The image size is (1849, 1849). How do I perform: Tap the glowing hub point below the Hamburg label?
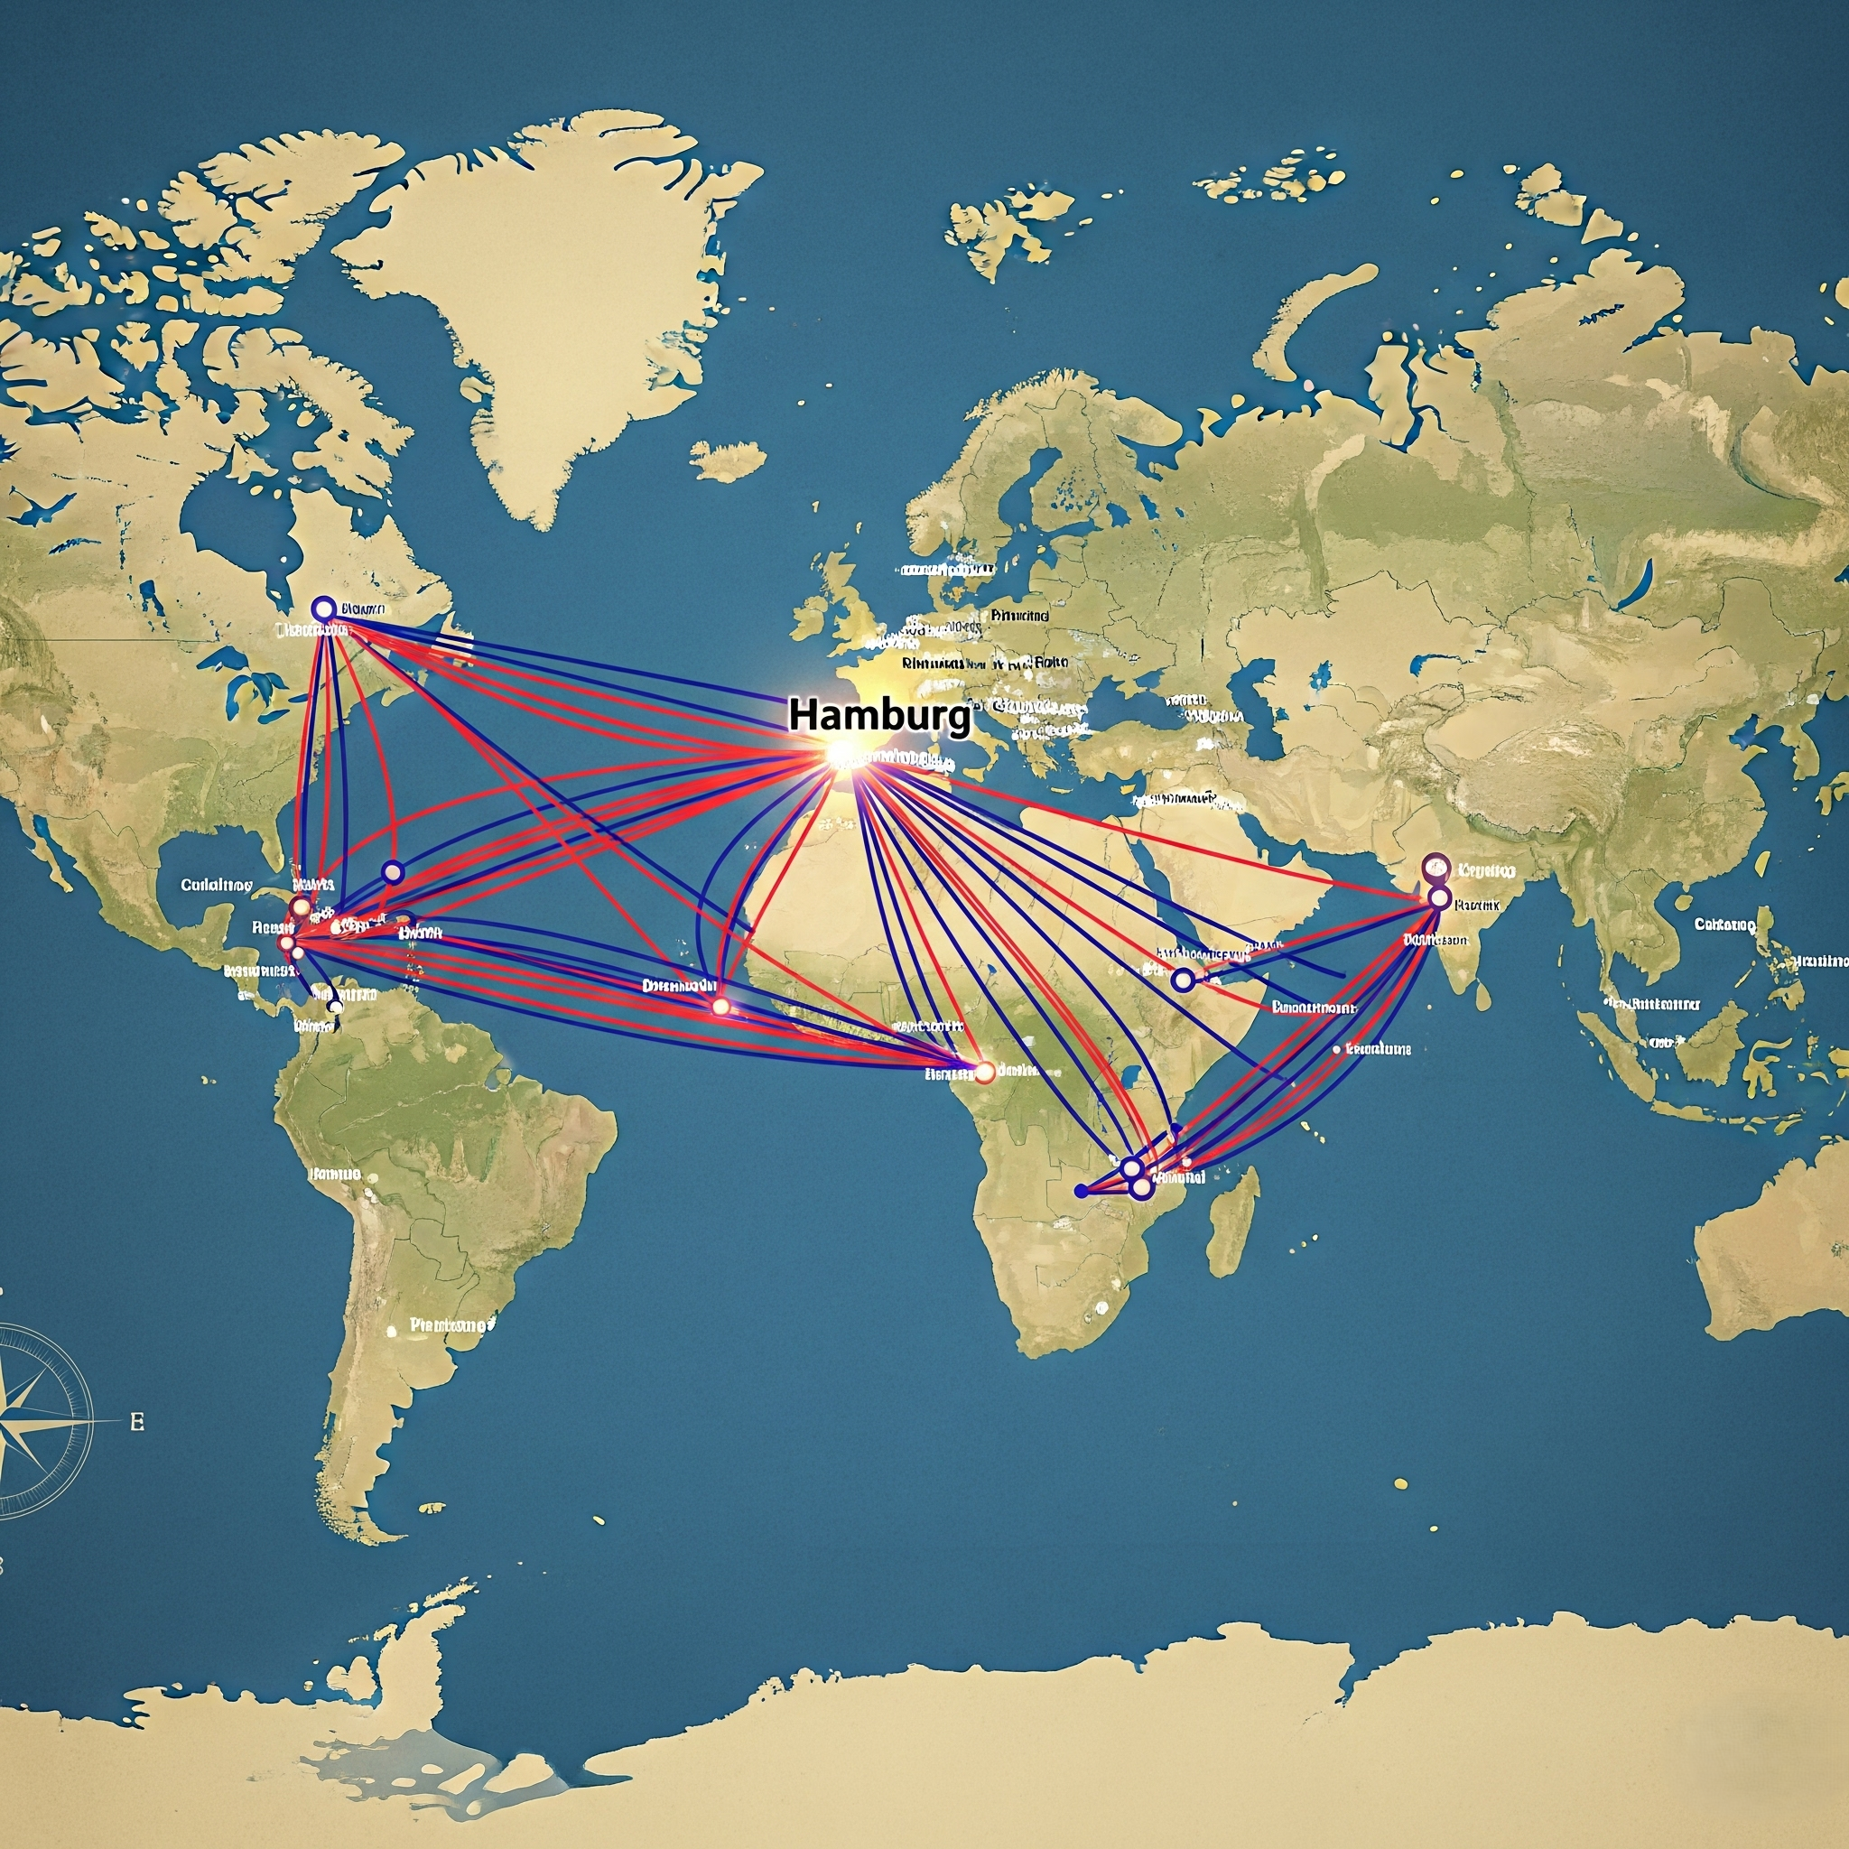point(842,754)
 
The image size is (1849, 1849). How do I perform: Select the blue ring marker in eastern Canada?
point(323,608)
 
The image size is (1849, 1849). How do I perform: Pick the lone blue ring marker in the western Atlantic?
point(393,871)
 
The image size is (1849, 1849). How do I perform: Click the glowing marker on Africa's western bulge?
point(720,1006)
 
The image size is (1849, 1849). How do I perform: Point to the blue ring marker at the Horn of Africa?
point(1183,979)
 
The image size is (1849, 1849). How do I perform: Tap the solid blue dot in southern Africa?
point(1081,1191)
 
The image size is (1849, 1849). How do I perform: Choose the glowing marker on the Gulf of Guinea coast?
point(983,1072)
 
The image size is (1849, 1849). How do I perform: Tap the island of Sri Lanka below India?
point(1482,995)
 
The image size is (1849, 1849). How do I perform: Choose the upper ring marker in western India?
point(1436,868)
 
